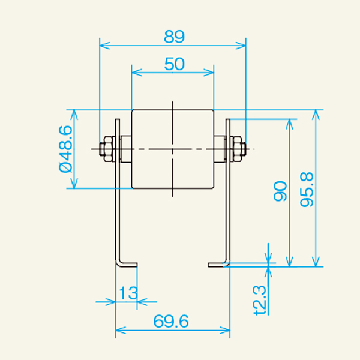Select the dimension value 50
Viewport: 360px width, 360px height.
173,65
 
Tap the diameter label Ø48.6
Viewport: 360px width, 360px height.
65,148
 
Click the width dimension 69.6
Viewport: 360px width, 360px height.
172,322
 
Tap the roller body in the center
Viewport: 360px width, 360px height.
172,149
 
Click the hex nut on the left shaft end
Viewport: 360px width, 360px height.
108,149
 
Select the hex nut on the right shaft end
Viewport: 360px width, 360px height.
236,149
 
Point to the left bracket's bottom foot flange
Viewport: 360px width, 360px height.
127,263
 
